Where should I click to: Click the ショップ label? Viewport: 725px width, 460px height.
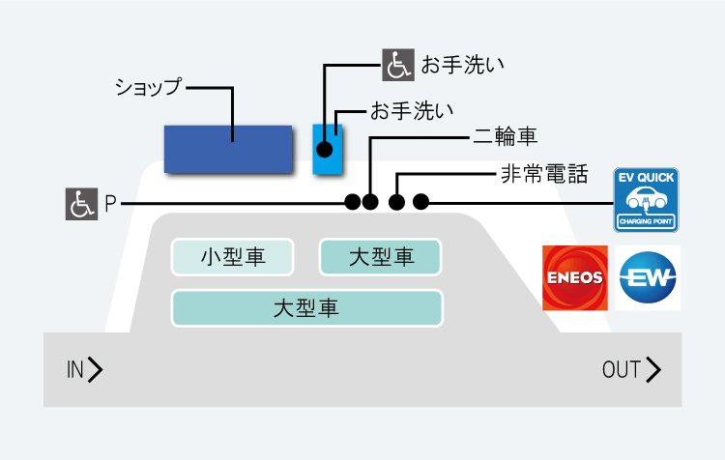tap(149, 87)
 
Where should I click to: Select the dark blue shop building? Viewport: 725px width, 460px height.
tap(228, 150)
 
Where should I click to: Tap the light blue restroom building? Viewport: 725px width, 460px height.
tap(328, 149)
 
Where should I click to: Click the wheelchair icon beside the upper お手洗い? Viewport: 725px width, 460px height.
tap(398, 65)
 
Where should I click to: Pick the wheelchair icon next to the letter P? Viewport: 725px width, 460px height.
tap(81, 204)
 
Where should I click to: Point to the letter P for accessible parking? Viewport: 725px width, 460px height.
tap(110, 204)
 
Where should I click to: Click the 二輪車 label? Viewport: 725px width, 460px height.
tap(505, 136)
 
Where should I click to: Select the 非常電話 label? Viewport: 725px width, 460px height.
tap(544, 174)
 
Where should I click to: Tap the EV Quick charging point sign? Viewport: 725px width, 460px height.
tap(646, 200)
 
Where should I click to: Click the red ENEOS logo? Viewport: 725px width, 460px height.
tap(575, 278)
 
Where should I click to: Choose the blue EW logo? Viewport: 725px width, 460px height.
tap(648, 278)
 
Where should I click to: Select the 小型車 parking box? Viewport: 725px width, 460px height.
tap(233, 257)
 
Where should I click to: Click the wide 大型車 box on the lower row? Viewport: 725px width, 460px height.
tap(307, 308)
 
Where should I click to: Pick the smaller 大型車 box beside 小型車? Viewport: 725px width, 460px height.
tap(381, 257)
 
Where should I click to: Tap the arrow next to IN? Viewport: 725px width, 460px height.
tap(95, 369)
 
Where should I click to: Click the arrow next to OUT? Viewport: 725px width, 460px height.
tap(653, 369)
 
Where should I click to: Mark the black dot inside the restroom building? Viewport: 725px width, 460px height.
tap(325, 150)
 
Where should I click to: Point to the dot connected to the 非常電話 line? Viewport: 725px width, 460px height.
tap(396, 202)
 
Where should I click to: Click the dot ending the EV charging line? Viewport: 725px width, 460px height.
tap(420, 202)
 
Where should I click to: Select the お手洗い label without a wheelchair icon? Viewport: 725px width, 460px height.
tap(412, 111)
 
